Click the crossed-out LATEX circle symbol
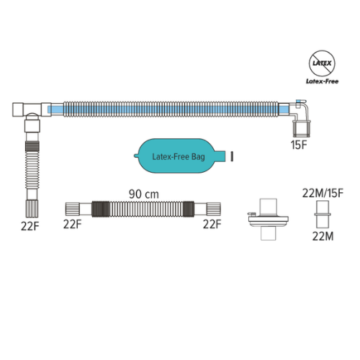coord(322,63)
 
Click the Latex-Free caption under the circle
coord(322,81)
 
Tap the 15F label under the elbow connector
coord(299,145)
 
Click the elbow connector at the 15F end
coord(300,117)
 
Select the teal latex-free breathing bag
coord(179,156)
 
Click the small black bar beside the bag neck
coord(232,156)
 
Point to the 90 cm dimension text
coord(144,194)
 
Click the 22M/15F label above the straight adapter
coord(323,193)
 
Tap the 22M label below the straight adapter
coord(323,236)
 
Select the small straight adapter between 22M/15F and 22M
coord(323,215)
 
